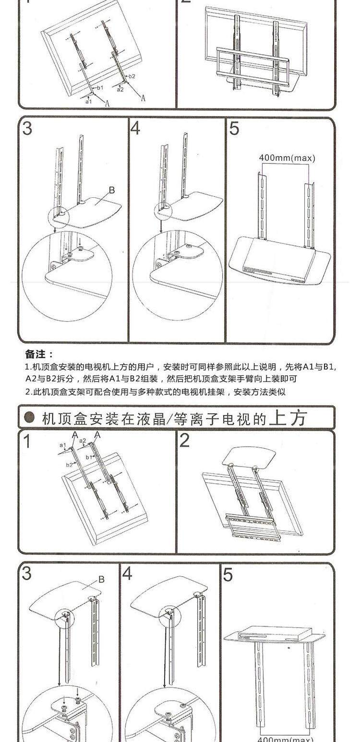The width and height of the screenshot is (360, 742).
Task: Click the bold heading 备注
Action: pyautogui.click(x=39, y=354)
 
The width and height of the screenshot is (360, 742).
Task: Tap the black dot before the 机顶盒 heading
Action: pyautogui.click(x=30, y=418)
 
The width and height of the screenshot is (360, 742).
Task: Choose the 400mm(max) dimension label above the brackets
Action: pyautogui.click(x=287, y=158)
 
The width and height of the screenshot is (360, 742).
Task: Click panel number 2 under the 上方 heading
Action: pyautogui.click(x=185, y=441)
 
